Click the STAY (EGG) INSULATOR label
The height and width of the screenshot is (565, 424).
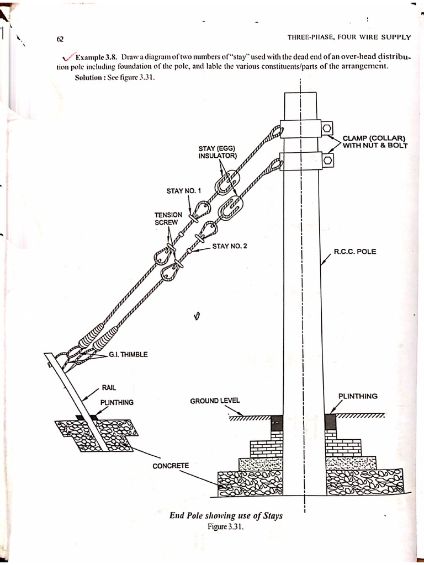(218, 152)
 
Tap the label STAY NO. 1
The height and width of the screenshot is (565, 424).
(184, 191)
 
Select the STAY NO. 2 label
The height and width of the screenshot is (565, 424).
(230, 246)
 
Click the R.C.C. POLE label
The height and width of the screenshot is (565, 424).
(355, 252)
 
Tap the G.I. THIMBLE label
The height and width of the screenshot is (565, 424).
(128, 354)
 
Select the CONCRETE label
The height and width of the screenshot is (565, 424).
(171, 466)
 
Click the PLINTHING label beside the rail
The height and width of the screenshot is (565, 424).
(116, 403)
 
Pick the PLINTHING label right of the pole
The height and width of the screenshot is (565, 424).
(358, 396)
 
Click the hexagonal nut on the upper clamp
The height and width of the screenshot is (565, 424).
(327, 129)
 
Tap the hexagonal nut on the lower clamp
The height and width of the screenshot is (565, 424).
(327, 161)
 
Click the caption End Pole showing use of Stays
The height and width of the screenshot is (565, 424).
(226, 516)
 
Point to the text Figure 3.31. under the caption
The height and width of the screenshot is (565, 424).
(225, 526)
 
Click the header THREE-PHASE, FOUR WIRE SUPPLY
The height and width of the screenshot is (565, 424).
(349, 38)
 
